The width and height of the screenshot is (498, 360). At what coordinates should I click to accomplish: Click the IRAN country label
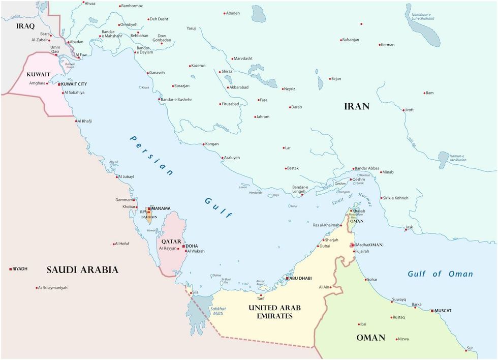coord(357,106)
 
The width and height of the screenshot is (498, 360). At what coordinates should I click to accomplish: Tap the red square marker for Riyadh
coord(11,268)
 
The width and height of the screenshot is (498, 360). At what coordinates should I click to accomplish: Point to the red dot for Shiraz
coord(219,72)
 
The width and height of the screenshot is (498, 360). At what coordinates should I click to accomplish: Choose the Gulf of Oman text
coord(440,274)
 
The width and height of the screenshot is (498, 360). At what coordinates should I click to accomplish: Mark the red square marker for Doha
coord(184,246)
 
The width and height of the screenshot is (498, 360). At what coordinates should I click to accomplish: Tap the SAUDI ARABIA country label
coord(82,270)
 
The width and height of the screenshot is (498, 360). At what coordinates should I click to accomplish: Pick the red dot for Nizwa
coord(394,339)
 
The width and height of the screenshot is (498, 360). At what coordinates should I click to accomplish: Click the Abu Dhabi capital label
coord(300,278)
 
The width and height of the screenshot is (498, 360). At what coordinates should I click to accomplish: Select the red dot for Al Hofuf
coord(114,244)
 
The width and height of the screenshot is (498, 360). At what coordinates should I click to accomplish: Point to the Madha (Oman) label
coord(369,245)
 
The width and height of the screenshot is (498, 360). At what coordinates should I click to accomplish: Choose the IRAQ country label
coord(25,25)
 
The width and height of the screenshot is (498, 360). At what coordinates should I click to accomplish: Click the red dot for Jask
coord(406,230)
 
